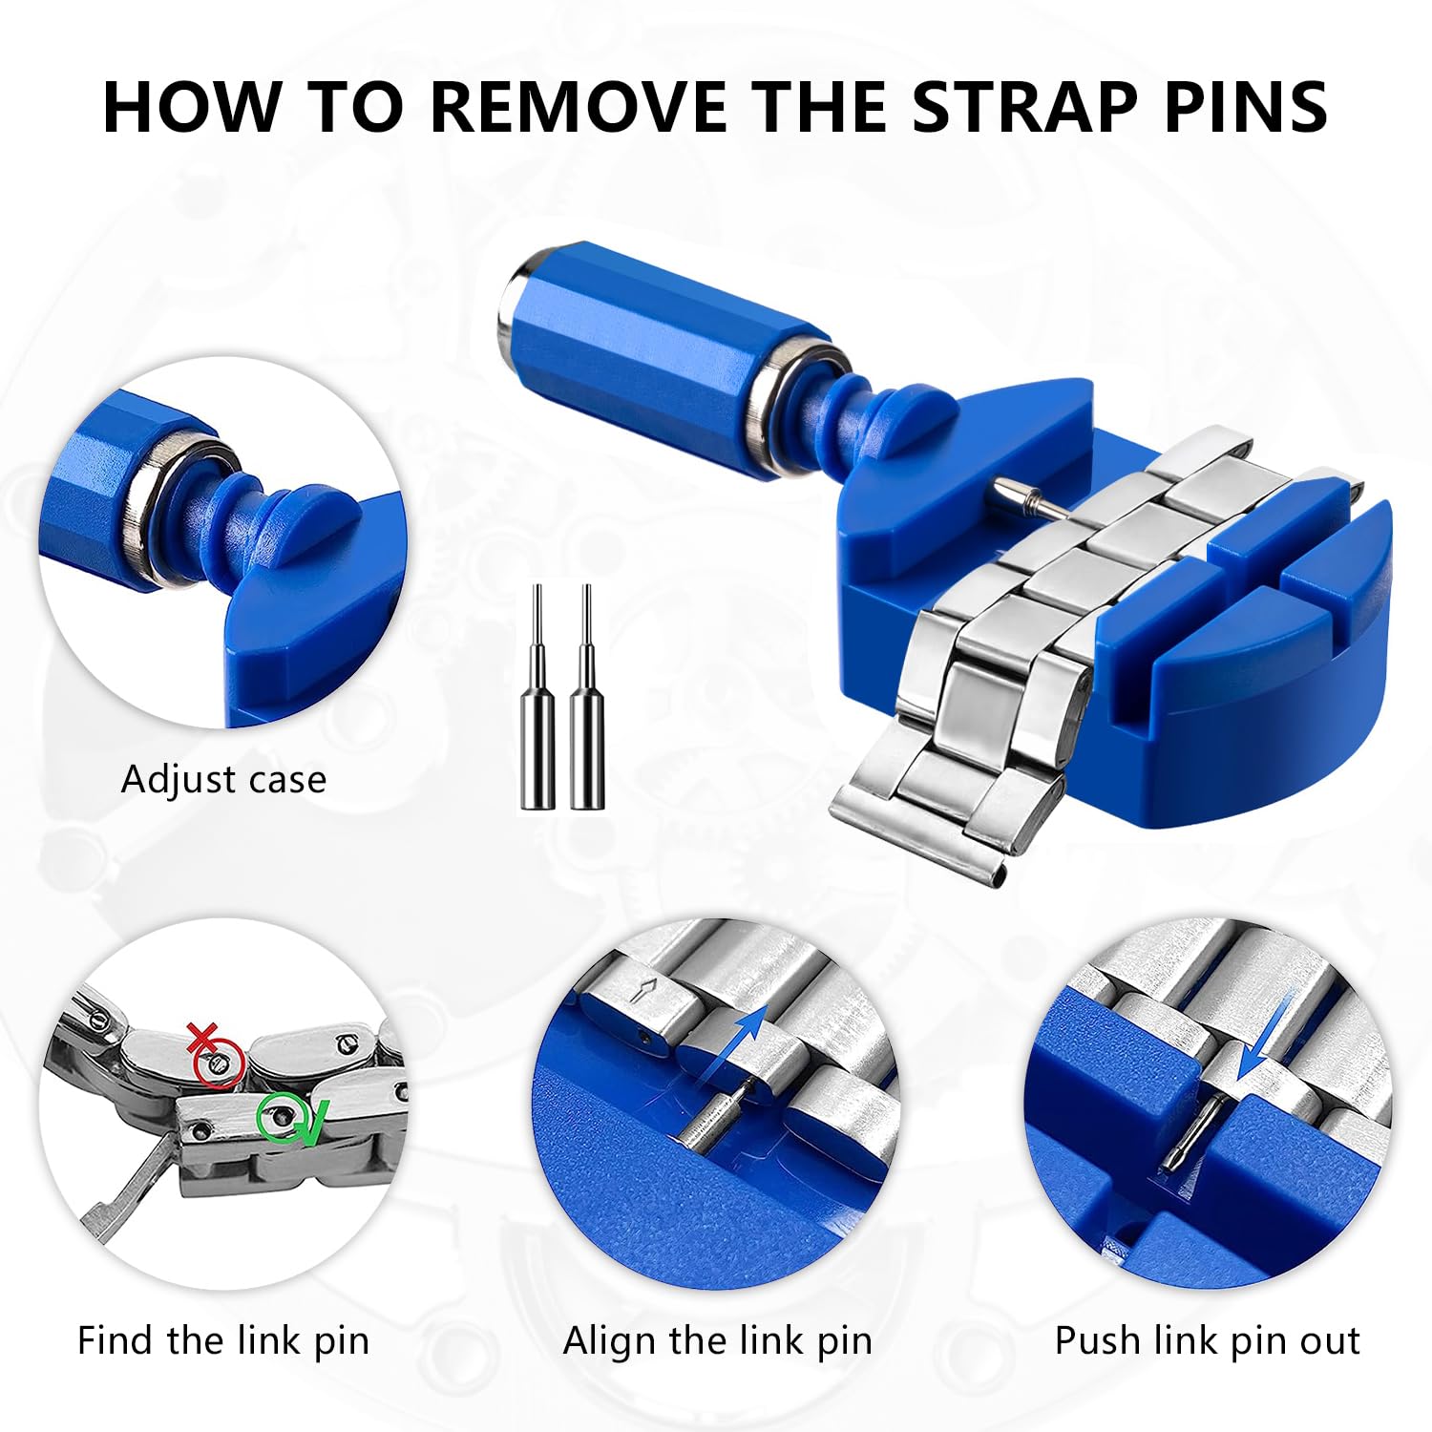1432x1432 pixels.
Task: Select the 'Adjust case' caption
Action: (x=223, y=780)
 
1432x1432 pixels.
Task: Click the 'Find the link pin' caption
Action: (x=223, y=1340)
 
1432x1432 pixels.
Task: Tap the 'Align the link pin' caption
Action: (x=718, y=1340)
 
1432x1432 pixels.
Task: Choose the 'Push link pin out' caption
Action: (x=1207, y=1340)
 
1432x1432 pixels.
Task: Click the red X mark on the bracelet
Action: (x=201, y=1037)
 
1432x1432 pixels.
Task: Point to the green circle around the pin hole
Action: (x=278, y=1116)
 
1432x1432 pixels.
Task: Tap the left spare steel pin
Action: (x=537, y=706)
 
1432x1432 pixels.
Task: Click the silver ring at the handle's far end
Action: (x=516, y=291)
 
